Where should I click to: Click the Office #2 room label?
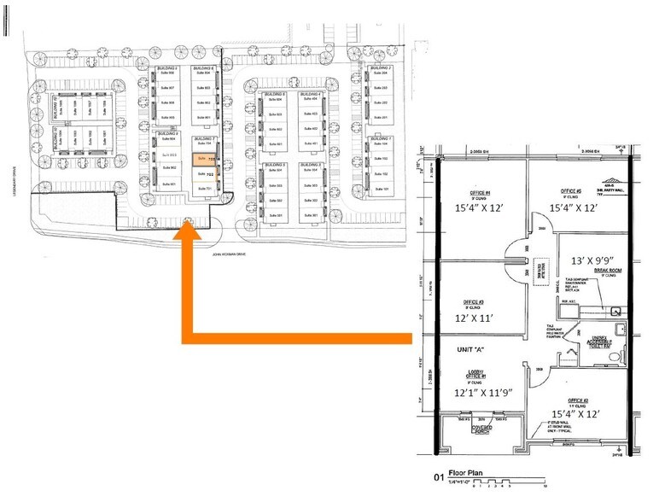point(579,402)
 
